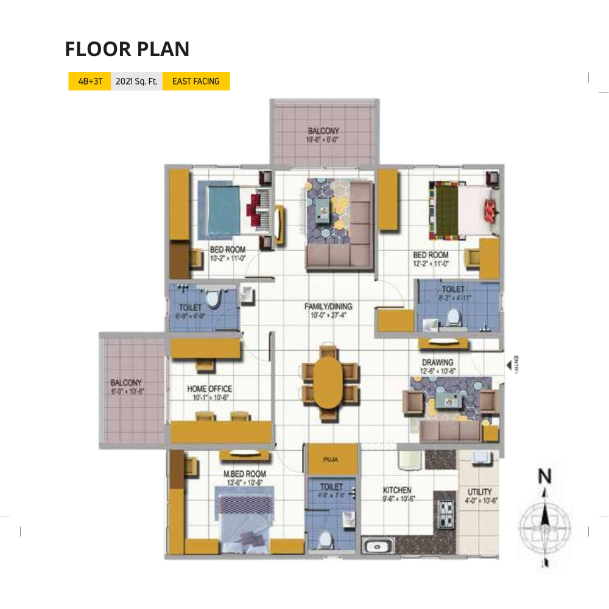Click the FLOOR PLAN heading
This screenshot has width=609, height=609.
[x=127, y=49]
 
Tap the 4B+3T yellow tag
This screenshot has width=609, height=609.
[x=89, y=81]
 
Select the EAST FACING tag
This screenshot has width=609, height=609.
[x=195, y=81]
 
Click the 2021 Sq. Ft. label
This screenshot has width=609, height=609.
[x=136, y=81]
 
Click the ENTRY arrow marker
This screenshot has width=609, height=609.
[x=509, y=365]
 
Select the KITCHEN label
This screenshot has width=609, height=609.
[x=397, y=490]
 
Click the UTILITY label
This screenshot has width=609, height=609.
[x=480, y=491]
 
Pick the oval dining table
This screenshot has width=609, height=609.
[x=329, y=382]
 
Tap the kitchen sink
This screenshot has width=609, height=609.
[x=378, y=544]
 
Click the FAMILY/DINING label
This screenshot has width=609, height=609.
[x=328, y=306]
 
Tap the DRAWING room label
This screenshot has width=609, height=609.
[x=437, y=362]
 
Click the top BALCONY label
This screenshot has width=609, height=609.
[x=323, y=131]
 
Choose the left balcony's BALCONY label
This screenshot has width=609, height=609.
[x=126, y=383]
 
